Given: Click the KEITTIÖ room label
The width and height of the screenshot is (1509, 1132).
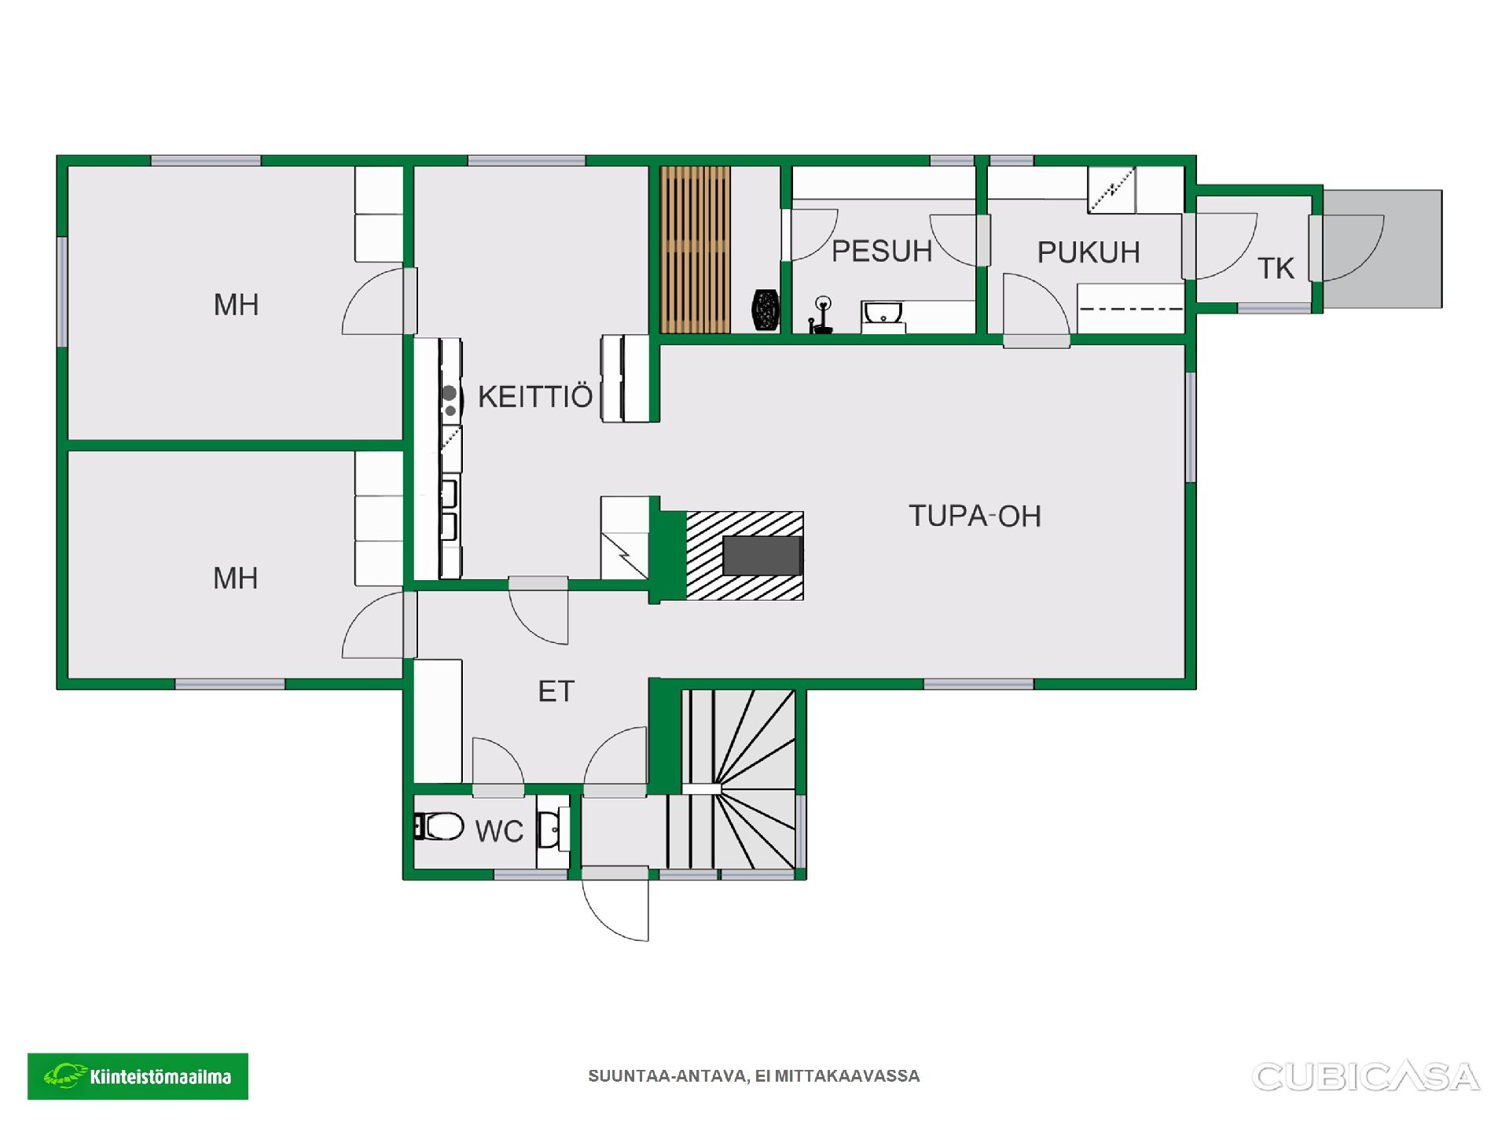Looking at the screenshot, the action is tap(535, 396).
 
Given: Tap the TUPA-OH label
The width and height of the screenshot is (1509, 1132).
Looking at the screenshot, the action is tap(975, 516).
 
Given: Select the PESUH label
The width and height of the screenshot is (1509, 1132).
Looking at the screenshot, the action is tap(882, 252).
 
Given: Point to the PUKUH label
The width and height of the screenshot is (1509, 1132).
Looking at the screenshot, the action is tap(1089, 252).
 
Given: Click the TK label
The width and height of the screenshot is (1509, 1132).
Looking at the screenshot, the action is tap(1276, 269).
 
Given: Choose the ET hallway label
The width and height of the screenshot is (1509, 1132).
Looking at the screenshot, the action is tap(556, 691).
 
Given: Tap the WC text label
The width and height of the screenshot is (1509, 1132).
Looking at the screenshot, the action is tap(499, 831).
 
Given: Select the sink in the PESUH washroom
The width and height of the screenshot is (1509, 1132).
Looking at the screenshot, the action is tap(883, 314).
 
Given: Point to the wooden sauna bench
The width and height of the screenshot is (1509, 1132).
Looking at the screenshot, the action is tap(695, 249).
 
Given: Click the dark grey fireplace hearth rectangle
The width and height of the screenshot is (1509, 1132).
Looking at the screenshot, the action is tap(762, 555).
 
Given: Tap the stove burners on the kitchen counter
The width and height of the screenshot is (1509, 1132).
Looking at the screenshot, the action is tap(450, 401).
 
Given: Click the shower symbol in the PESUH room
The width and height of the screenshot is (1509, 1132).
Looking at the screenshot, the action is tap(821, 315).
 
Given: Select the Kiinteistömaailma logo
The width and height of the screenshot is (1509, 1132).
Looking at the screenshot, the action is tap(138, 1076).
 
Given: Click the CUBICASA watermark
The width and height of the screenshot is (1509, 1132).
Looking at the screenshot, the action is tap(1365, 1077).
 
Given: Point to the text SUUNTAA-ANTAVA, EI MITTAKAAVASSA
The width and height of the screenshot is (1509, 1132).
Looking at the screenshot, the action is tap(754, 1076).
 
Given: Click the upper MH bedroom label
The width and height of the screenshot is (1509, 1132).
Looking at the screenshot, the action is tap(236, 305).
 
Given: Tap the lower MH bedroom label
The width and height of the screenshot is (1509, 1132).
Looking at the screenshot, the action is tap(236, 579).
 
